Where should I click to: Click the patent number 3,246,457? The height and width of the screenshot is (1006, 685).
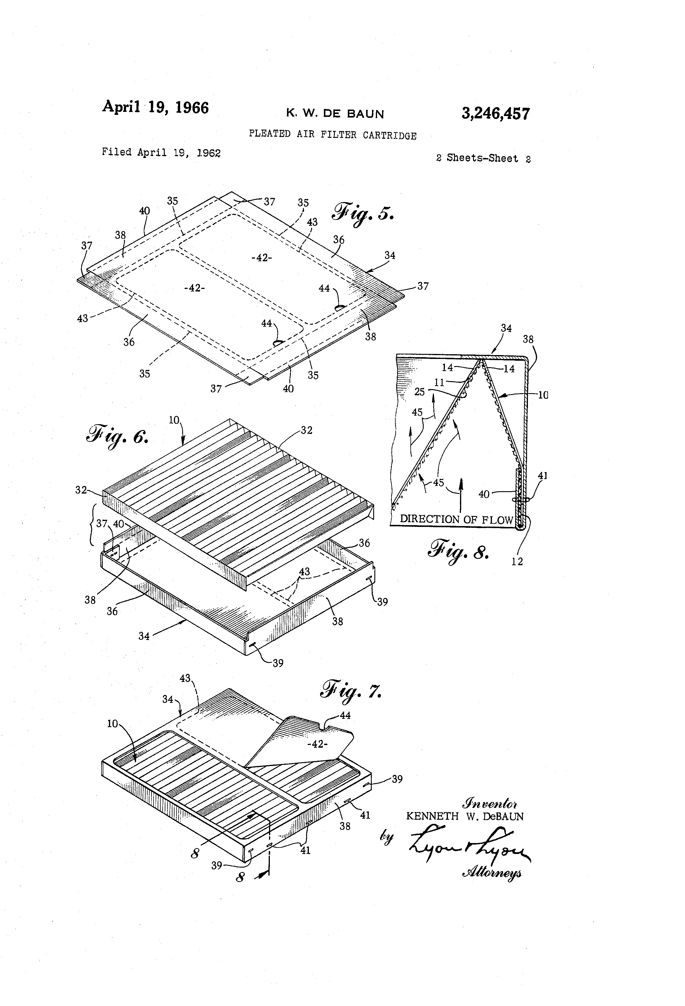click(495, 114)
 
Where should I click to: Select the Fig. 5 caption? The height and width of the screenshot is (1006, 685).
click(363, 212)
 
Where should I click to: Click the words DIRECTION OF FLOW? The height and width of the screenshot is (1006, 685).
click(456, 520)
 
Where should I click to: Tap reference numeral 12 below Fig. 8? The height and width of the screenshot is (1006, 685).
click(517, 561)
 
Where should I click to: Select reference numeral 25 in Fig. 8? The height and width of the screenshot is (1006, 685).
click(419, 392)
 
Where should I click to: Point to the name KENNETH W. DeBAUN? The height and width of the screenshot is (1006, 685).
click(465, 816)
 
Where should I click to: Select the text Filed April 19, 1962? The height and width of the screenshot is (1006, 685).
click(161, 152)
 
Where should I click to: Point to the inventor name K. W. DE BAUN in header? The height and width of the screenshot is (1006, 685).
click(335, 114)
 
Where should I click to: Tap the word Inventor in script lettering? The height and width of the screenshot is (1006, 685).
click(490, 804)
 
